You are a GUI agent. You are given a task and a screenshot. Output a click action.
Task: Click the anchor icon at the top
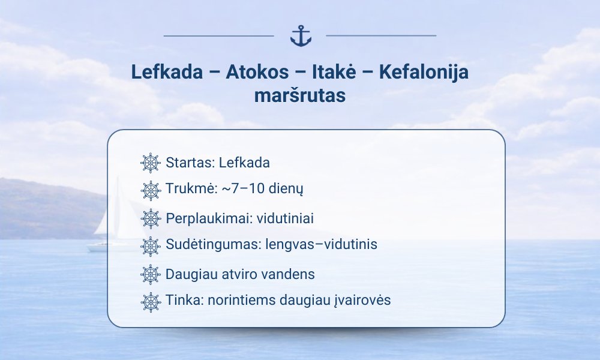[x=301, y=36]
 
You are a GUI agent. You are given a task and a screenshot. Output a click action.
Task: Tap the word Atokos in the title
[x=257, y=72]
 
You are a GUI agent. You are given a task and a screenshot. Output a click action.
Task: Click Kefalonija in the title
[x=424, y=73]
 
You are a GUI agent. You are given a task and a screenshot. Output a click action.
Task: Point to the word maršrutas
[x=300, y=95]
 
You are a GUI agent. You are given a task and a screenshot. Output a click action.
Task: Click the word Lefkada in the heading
[x=167, y=72]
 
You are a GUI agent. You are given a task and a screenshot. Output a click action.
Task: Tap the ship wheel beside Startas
[x=151, y=163]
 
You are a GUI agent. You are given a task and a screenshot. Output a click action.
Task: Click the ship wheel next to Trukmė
[x=151, y=191]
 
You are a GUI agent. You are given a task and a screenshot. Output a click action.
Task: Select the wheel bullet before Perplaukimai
[x=151, y=219]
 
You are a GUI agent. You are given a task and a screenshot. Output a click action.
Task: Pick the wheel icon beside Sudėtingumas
[x=151, y=247]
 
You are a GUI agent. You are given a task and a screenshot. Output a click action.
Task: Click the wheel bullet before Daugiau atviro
[x=151, y=275]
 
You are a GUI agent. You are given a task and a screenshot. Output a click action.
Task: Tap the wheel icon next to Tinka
[x=151, y=302]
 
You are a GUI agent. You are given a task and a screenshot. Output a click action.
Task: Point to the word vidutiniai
[x=285, y=218]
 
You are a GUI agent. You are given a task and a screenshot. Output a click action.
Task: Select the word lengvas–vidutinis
[x=322, y=244]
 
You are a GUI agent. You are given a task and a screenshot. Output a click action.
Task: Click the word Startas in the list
[x=190, y=163]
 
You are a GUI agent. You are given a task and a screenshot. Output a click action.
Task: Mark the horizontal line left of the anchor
[x=219, y=36]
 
